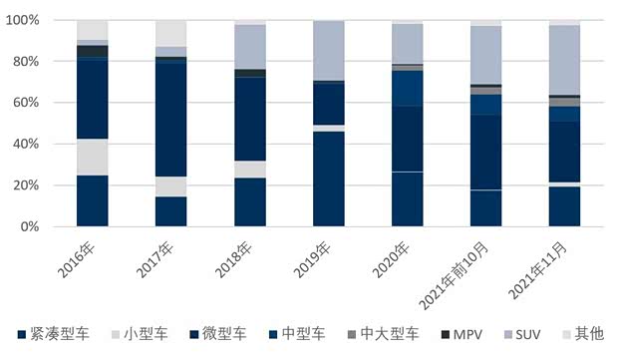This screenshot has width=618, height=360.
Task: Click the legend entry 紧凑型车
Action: click(x=56, y=333)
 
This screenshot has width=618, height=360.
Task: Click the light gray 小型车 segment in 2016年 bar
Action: click(x=92, y=157)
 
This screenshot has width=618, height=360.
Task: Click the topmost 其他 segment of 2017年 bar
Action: click(x=170, y=33)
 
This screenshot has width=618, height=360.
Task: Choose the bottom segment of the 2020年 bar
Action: click(x=407, y=199)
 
